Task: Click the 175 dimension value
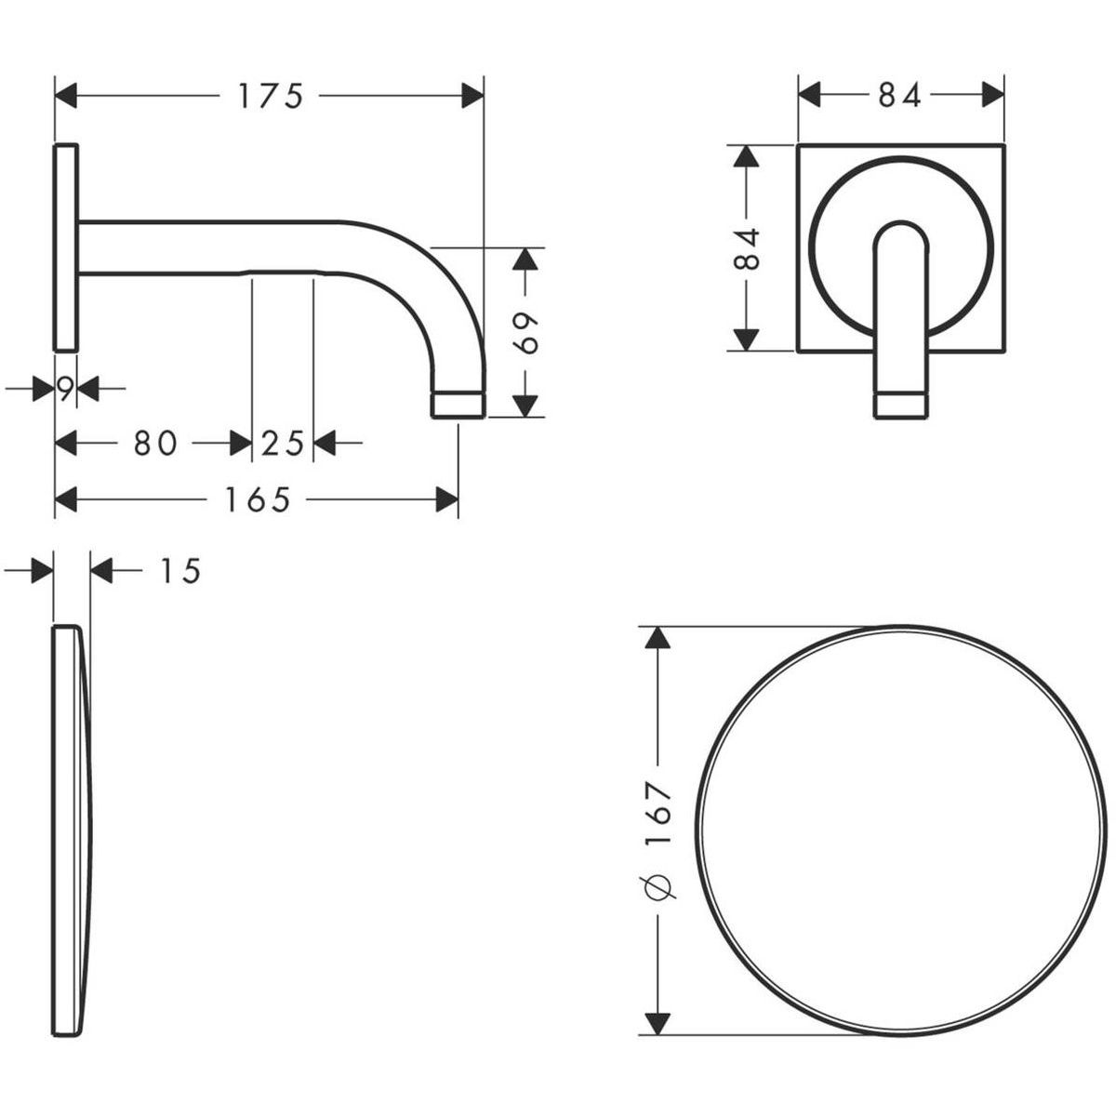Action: click(x=271, y=96)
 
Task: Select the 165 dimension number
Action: click(x=257, y=499)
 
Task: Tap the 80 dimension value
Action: click(x=155, y=444)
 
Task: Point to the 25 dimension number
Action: click(x=282, y=444)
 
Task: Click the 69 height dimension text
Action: click(x=525, y=334)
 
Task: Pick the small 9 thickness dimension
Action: click(x=65, y=389)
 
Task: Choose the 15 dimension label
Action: click(x=180, y=571)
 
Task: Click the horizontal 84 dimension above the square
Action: click(x=899, y=96)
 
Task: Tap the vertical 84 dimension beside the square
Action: click(x=746, y=249)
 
